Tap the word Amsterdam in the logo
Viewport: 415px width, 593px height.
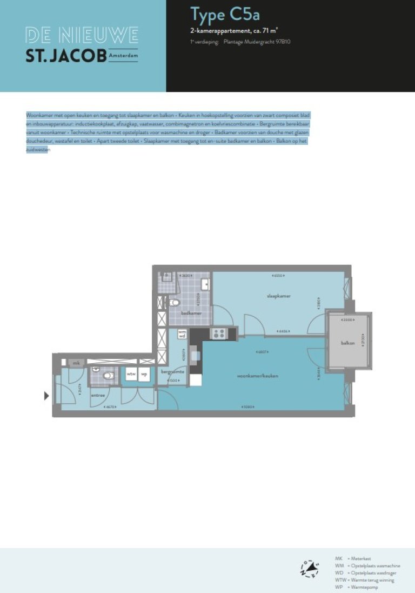tap(123, 56)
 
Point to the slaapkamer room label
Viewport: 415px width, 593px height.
tap(279, 296)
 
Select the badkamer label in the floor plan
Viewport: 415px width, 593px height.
tap(191, 313)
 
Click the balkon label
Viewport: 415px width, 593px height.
tap(347, 343)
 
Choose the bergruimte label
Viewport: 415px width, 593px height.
tap(173, 372)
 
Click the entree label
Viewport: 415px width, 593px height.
tap(98, 395)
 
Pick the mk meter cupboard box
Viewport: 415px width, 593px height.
tap(76, 363)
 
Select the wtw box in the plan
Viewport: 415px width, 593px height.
tap(131, 374)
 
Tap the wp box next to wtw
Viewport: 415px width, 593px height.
tap(144, 374)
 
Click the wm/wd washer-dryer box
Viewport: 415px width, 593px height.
tap(182, 334)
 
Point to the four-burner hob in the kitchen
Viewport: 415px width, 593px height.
tap(219, 334)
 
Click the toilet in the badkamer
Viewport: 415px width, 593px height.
tap(174, 302)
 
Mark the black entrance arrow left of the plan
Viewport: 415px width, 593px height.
tap(46, 396)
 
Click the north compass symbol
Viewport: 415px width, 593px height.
tap(310, 569)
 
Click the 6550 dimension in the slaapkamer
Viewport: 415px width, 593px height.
tap(279, 276)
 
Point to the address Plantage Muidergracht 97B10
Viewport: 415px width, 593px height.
tap(257, 42)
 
